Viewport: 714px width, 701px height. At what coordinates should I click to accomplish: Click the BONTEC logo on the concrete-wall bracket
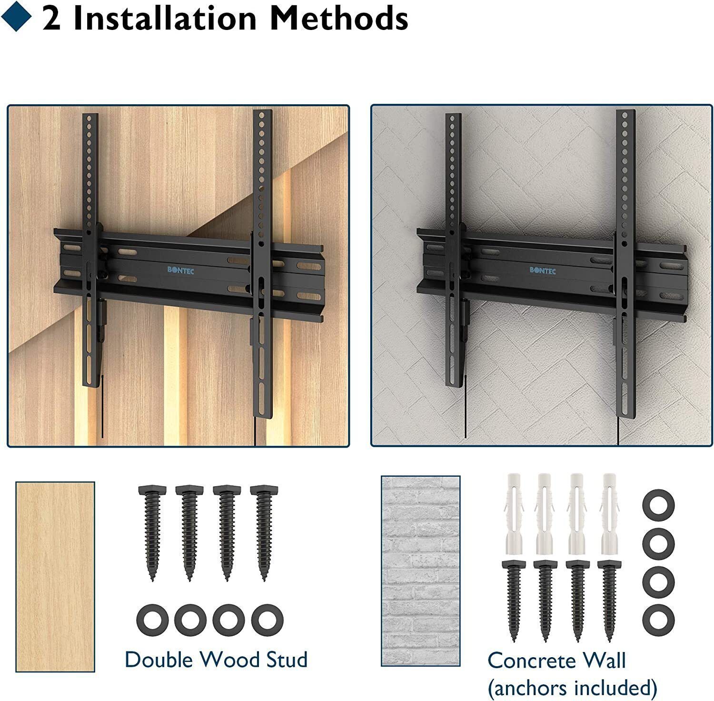click(543, 270)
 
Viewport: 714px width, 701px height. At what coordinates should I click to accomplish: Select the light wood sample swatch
click(55, 576)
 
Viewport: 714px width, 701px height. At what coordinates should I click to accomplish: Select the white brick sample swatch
click(420, 571)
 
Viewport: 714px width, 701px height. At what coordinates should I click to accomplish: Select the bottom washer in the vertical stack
click(659, 620)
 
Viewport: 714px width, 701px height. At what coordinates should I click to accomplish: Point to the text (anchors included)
click(573, 688)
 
